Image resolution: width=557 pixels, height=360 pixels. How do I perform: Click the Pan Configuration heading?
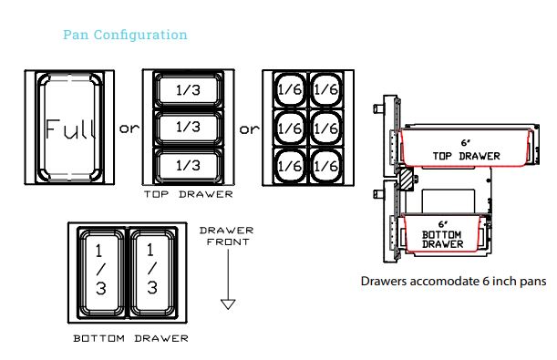tap(125, 35)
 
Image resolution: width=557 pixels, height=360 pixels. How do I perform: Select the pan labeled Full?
tap(69, 127)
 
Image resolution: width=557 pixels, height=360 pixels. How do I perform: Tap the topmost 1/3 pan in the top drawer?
tap(189, 90)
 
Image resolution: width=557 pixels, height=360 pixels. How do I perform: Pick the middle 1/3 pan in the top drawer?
tap(189, 128)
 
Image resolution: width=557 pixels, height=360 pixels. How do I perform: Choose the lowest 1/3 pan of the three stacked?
tap(189, 166)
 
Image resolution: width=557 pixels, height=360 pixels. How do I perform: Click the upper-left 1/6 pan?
tap(290, 89)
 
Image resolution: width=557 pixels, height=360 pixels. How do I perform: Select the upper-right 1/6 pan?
tap(326, 89)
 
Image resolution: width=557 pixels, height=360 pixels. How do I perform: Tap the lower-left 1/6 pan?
tap(290, 166)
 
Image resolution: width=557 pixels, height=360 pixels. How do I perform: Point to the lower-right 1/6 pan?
tap(326, 166)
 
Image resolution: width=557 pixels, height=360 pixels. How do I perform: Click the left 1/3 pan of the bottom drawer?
tap(101, 273)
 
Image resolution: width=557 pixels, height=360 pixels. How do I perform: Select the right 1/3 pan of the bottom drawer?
tap(153, 273)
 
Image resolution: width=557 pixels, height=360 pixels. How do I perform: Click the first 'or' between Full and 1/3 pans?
tap(129, 128)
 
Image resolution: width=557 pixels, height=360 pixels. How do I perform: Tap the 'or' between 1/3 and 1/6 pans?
tap(249, 129)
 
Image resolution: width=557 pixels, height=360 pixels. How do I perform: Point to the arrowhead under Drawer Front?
tap(228, 303)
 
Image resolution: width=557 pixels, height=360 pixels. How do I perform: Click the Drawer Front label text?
tap(227, 236)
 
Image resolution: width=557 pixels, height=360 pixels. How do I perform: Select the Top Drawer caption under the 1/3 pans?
tap(189, 194)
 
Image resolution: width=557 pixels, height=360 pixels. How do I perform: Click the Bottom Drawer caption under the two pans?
tap(130, 338)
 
